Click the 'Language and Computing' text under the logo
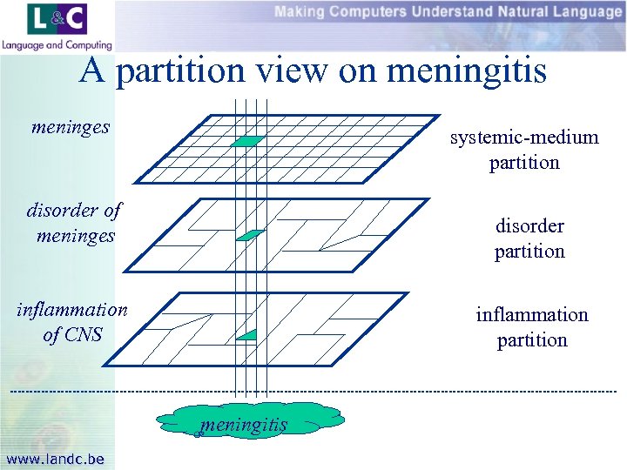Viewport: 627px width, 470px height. click(57, 45)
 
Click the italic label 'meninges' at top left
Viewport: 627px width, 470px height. click(71, 127)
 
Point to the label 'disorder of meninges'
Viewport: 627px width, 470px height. click(75, 222)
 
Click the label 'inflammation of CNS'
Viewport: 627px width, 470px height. click(72, 321)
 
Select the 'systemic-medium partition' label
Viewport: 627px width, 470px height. click(523, 150)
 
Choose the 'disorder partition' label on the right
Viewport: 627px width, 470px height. click(529, 238)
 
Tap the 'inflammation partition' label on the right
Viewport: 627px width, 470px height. click(531, 326)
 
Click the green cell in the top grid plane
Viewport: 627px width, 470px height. click(248, 141)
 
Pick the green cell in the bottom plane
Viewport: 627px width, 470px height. click(247, 335)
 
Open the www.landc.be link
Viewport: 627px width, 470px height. click(55, 459)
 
